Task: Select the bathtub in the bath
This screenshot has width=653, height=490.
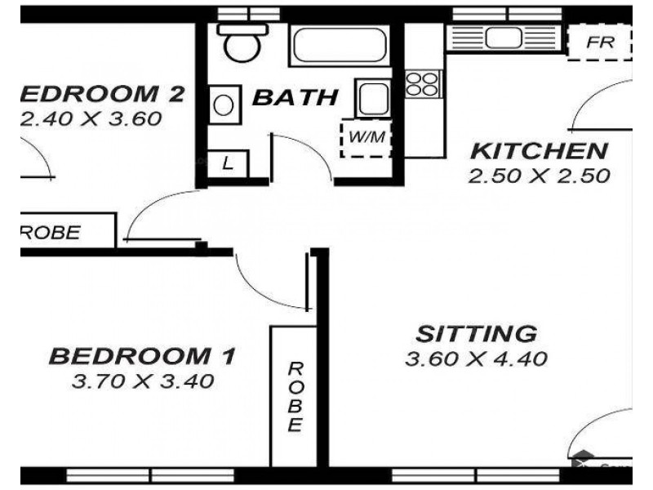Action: pos(339,45)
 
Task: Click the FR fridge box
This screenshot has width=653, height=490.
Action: pos(600,42)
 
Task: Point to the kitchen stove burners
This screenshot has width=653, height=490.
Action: pos(423,82)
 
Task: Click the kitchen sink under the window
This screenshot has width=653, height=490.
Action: pos(503,37)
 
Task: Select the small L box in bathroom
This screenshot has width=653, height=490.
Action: pos(228,163)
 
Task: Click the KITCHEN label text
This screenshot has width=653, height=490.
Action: pos(540,151)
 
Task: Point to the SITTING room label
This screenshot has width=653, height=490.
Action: pos(476,333)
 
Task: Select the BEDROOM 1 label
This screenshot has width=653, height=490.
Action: pos(142,356)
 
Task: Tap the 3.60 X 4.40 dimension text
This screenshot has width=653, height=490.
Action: pos(476,358)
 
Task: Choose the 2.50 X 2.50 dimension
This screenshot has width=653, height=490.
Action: pos(540,176)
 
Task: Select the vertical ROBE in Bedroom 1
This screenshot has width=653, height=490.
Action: pos(295,396)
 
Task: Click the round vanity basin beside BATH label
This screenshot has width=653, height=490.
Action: pos(222,105)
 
